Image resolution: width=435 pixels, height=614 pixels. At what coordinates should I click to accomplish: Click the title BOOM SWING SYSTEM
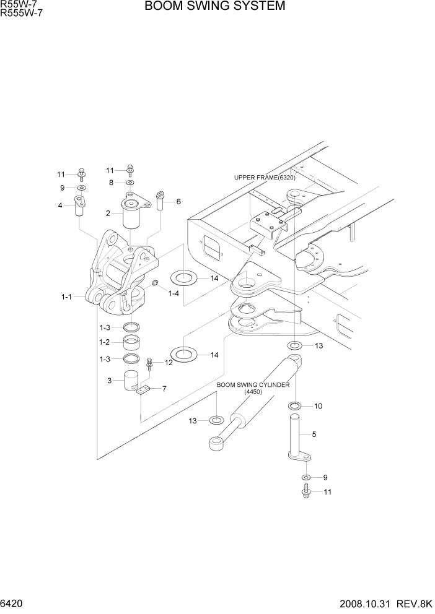pyautogui.click(x=215, y=7)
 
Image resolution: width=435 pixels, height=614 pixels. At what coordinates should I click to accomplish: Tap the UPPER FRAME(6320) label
pyautogui.click(x=265, y=178)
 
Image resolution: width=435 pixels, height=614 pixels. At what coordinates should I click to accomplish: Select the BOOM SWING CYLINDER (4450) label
pyautogui.click(x=253, y=388)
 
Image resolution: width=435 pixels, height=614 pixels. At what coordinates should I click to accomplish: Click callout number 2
pyautogui.click(x=108, y=214)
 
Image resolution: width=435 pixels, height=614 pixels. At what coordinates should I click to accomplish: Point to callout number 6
pyautogui.click(x=178, y=202)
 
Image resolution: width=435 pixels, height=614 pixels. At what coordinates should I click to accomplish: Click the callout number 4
pyautogui.click(x=60, y=205)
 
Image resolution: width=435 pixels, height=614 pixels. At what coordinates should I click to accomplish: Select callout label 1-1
pyautogui.click(x=66, y=297)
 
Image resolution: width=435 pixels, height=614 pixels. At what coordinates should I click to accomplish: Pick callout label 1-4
pyautogui.click(x=174, y=293)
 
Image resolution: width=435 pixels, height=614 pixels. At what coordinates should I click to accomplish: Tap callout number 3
pyautogui.click(x=110, y=381)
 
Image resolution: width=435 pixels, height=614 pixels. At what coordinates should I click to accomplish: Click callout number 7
pyautogui.click(x=164, y=389)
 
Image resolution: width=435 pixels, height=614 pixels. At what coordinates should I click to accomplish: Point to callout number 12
pyautogui.click(x=169, y=363)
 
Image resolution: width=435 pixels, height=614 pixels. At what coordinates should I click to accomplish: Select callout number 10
pyautogui.click(x=318, y=406)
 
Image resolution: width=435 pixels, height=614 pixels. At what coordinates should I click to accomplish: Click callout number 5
pyautogui.click(x=314, y=435)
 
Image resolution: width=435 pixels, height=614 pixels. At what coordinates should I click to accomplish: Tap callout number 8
pyautogui.click(x=111, y=183)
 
